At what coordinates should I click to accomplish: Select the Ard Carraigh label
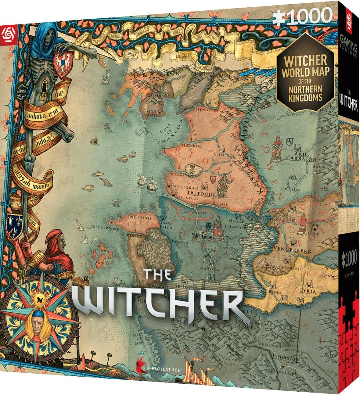coord(301,157)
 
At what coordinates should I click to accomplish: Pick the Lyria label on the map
coord(308,291)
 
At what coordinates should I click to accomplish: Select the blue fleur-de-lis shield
coord(15,225)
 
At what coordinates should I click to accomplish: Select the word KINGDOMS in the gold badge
coord(305,97)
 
